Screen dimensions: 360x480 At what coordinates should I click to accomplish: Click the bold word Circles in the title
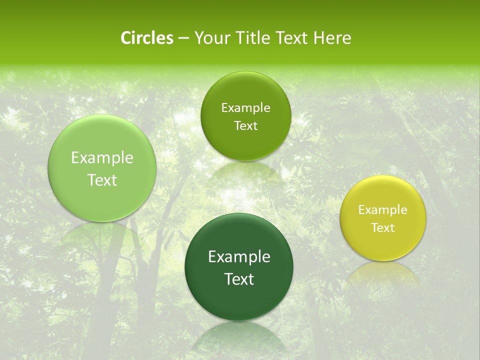pyautogui.click(x=146, y=38)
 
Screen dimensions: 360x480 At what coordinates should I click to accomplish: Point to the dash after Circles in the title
pyautogui.click(x=183, y=38)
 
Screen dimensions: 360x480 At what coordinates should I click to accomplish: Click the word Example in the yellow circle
pyautogui.click(x=383, y=210)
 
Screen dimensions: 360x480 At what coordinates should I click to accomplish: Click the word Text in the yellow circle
pyautogui.click(x=383, y=228)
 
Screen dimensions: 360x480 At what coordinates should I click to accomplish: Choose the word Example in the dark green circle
pyautogui.click(x=239, y=257)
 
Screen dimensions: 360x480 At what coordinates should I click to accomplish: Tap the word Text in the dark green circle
pyautogui.click(x=239, y=279)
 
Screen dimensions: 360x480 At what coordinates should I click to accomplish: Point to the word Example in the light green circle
pyautogui.click(x=102, y=158)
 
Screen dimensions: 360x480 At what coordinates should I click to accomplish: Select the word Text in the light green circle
pyautogui.click(x=102, y=180)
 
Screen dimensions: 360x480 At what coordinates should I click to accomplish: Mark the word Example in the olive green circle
pyautogui.click(x=245, y=108)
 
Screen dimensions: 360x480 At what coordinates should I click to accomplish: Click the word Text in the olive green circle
pyautogui.click(x=245, y=126)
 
